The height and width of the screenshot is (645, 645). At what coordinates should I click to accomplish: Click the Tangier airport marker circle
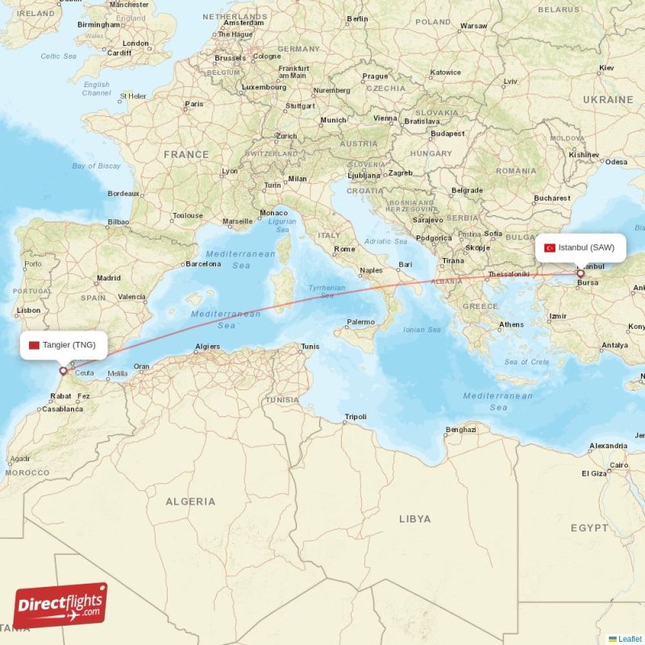click(63, 372)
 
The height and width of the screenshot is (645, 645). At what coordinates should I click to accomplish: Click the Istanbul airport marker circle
click(580, 274)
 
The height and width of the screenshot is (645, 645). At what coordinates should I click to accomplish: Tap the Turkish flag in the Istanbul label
click(550, 248)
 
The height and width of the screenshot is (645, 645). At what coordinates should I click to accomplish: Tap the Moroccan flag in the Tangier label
click(34, 345)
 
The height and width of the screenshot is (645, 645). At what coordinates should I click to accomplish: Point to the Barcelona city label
click(202, 264)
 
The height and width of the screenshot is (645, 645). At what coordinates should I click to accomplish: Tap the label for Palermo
click(360, 322)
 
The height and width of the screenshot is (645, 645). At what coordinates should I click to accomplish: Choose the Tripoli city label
click(356, 417)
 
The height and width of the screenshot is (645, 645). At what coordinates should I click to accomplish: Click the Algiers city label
click(207, 347)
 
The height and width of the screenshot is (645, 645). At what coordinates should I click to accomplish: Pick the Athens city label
click(511, 325)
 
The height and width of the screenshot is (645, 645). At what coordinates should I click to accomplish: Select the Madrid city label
click(108, 278)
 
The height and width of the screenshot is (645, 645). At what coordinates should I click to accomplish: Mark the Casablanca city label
click(61, 409)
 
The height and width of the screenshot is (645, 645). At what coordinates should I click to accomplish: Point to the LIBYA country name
click(414, 518)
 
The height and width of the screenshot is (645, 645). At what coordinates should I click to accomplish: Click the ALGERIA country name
click(190, 501)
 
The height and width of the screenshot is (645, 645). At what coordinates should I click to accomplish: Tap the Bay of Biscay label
click(96, 166)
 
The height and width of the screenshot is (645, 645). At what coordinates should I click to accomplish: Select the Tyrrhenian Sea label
click(327, 292)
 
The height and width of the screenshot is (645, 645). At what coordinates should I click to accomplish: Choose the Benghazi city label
click(461, 430)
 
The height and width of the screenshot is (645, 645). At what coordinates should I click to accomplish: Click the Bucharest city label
click(551, 198)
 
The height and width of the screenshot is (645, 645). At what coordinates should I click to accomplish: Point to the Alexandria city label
click(608, 446)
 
